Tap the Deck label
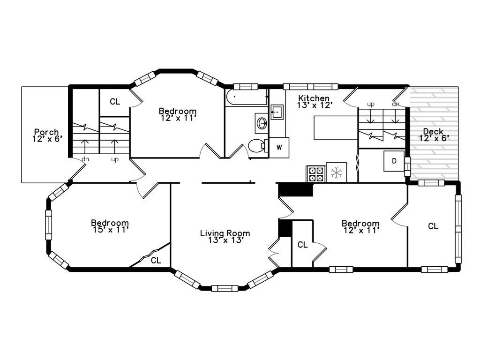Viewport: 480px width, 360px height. click(433, 132)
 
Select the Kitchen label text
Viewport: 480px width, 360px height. click(314, 98)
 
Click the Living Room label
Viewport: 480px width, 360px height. click(225, 233)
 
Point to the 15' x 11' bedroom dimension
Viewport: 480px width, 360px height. click(110, 230)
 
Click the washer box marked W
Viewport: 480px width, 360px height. click(279, 148)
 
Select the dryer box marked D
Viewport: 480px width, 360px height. click(394, 161)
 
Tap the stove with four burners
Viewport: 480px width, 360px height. click(315, 173)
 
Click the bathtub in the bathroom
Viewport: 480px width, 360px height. click(246, 98)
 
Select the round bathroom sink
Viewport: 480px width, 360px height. click(262, 123)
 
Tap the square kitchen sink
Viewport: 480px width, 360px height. click(277, 112)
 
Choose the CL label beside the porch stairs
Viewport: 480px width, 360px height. click(115, 102)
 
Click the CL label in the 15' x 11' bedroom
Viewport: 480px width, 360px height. click(156, 260)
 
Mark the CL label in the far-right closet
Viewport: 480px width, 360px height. click(433, 226)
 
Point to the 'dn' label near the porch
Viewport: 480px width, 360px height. click(85, 159)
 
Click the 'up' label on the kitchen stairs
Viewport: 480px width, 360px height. click(371, 104)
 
